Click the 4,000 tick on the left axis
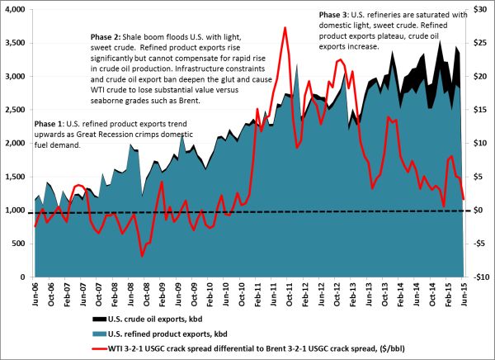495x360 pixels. (x=15, y=9)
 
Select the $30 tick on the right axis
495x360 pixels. (x=478, y=9)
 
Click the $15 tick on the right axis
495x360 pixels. (x=478, y=110)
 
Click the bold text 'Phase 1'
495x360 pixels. (x=49, y=122)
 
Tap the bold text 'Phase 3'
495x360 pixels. (x=333, y=16)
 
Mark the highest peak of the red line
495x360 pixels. (x=285, y=27)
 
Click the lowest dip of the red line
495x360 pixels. (x=142, y=256)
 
